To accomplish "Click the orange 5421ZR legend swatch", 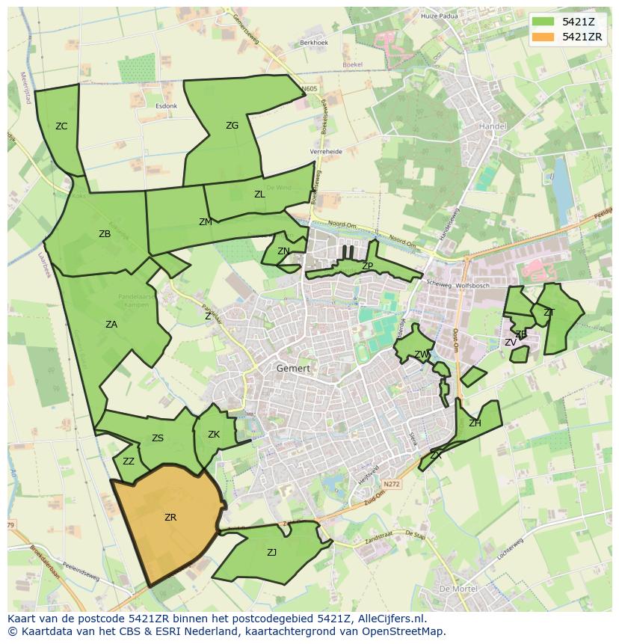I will (544, 37).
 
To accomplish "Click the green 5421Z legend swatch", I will (544, 21).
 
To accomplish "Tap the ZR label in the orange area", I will (170, 517).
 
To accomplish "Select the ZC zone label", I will (61, 126).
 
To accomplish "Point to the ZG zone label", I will (232, 126).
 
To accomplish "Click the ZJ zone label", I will (271, 553).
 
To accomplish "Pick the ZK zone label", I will (214, 435).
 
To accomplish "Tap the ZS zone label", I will (158, 438).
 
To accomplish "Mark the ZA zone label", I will (111, 325).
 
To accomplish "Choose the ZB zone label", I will (105, 234).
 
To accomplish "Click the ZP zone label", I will (367, 266).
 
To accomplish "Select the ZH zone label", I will (475, 423).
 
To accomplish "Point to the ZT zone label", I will (549, 313).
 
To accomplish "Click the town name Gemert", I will (293, 368).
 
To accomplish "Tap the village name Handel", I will (493, 126).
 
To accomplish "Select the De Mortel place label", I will (455, 589).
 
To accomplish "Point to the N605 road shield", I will (309, 89).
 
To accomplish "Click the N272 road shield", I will (392, 485).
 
